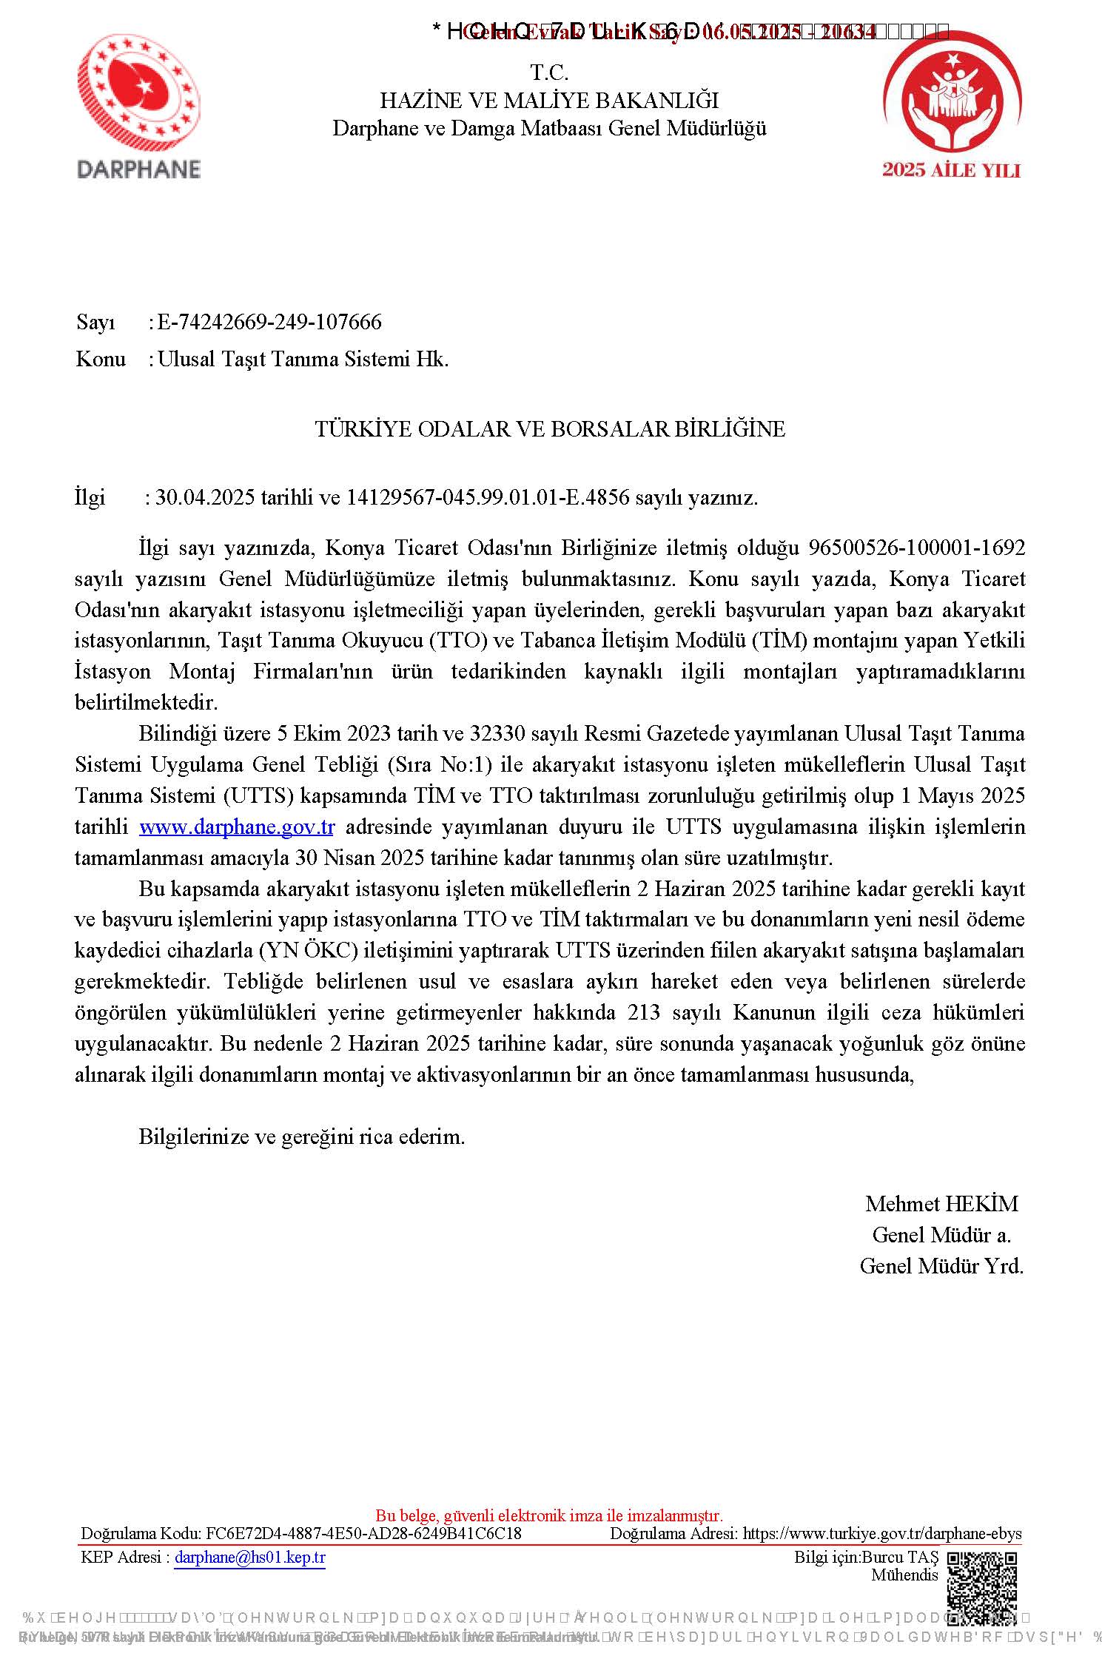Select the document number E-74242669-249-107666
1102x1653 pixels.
pos(269,323)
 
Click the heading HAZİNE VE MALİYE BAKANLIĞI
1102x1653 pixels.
pos(549,101)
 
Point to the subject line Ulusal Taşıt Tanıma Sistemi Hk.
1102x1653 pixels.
pos(303,360)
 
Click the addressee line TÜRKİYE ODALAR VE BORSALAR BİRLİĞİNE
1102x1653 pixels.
pos(550,429)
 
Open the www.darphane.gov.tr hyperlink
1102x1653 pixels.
pos(237,826)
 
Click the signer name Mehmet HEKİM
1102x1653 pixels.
pos(941,1204)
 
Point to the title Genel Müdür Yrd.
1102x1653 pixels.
pos(941,1266)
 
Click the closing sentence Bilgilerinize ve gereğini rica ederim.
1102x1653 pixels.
pos(302,1137)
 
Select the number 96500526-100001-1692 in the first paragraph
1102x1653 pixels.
pos(917,548)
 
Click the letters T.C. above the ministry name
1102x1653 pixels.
pos(549,73)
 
